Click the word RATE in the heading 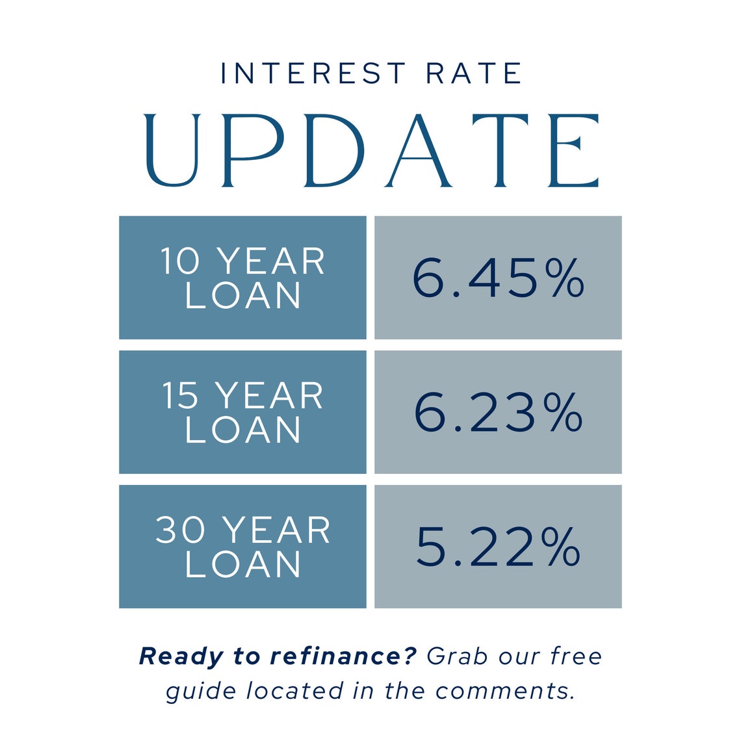click(x=474, y=73)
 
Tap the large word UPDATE click(x=370, y=151)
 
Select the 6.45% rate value click(x=499, y=278)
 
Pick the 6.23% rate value click(x=499, y=413)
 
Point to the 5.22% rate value click(x=499, y=547)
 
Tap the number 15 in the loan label click(x=179, y=396)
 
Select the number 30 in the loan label click(x=180, y=530)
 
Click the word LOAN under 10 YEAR click(x=243, y=296)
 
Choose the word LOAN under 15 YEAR click(x=243, y=430)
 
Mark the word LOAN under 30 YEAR click(x=243, y=564)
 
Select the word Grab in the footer click(x=457, y=656)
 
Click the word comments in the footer click(x=504, y=690)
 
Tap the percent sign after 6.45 click(x=567, y=279)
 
